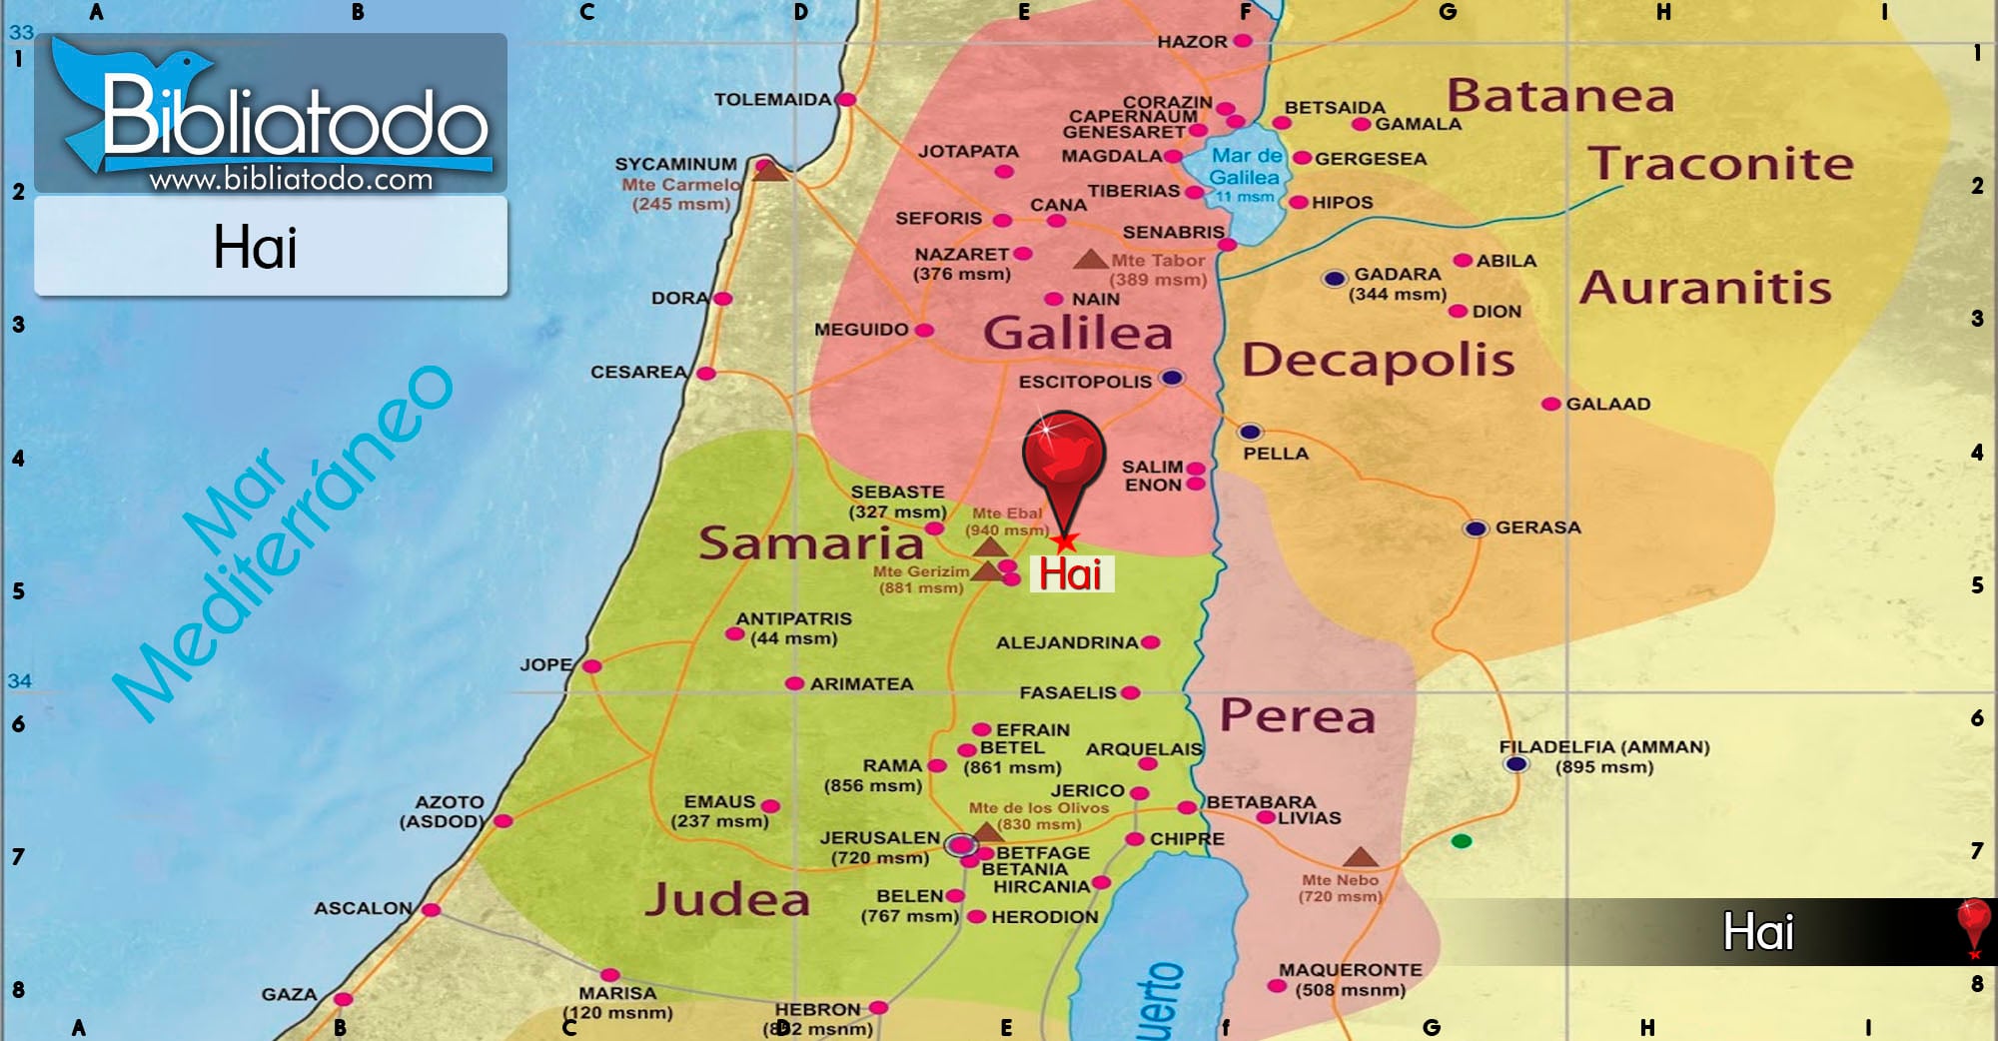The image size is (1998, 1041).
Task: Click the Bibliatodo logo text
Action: click(295, 120)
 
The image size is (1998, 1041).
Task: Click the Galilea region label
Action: click(1077, 333)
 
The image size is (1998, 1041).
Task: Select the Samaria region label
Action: click(810, 543)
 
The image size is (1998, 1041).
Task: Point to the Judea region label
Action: click(727, 899)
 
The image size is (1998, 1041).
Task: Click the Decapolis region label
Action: click(1378, 360)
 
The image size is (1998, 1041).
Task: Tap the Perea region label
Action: click(1297, 716)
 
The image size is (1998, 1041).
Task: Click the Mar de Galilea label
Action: click(1245, 167)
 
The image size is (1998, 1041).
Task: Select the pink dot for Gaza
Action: click(343, 998)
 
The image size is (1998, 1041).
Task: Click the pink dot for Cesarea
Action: click(706, 374)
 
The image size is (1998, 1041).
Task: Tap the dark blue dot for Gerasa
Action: click(1476, 528)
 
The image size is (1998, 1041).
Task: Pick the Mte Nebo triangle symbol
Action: click(1360, 857)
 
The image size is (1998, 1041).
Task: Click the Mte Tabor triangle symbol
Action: click(1090, 260)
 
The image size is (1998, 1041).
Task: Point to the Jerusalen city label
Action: click(879, 837)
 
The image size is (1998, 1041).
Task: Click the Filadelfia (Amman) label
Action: click(1603, 747)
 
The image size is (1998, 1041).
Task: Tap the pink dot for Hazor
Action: click(1243, 41)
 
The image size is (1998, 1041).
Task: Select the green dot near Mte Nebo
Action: click(1462, 841)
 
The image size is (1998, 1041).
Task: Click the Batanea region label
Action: click(1559, 96)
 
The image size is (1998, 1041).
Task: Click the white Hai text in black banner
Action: click(1758, 932)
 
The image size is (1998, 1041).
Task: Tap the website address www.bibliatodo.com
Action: click(291, 180)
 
